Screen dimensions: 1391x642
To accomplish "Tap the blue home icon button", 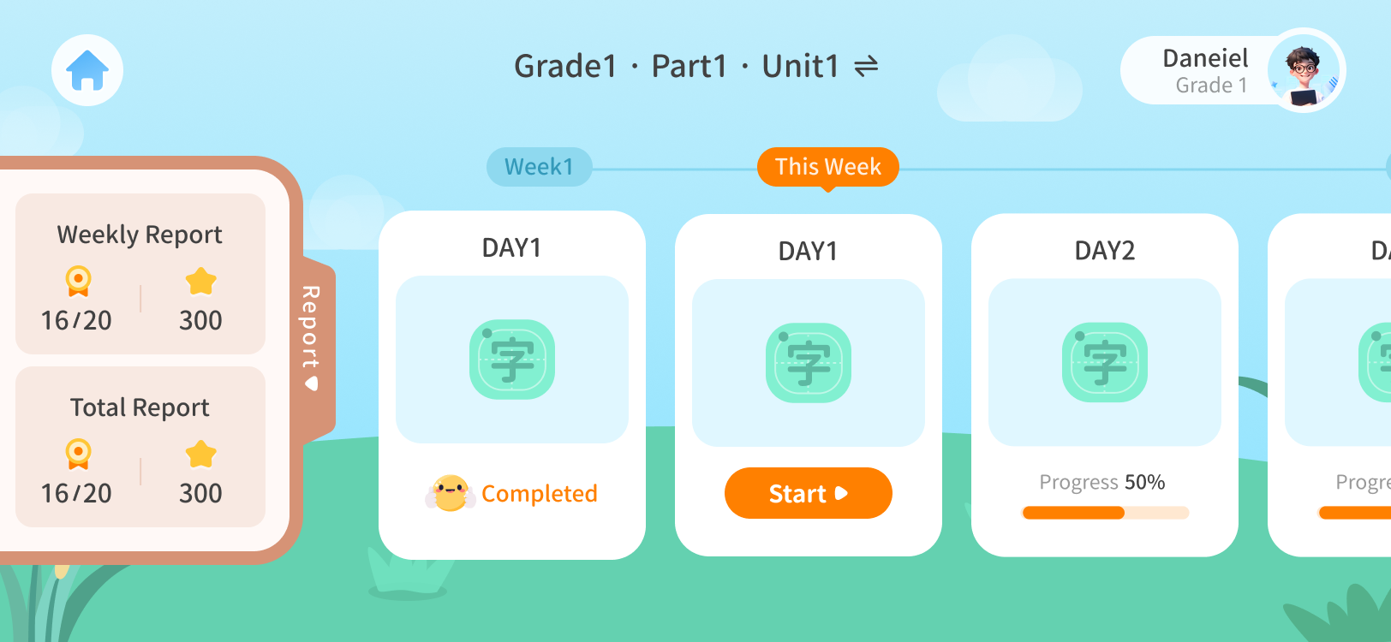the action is (x=87, y=70).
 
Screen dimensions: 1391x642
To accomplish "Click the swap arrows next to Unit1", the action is (x=866, y=66).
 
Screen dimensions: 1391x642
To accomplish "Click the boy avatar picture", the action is (x=1304, y=70).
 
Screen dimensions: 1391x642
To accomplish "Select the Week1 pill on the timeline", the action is (x=539, y=167).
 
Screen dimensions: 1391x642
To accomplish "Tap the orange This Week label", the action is (x=827, y=167).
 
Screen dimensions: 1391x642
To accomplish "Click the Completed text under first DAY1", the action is (x=539, y=494).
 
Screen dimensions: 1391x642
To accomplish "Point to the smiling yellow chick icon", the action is (x=451, y=493).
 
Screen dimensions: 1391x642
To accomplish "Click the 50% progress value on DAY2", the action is (x=1144, y=482).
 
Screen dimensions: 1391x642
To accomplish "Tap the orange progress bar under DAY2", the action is (x=1073, y=513).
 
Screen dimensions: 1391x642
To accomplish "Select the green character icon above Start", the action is (x=809, y=363).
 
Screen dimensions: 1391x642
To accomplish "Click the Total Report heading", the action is (x=140, y=408).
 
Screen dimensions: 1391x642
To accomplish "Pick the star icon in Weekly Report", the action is (x=201, y=282).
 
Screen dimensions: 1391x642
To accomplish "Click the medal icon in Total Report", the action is (x=78, y=455).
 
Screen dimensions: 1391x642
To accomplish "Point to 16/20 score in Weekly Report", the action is (x=76, y=320).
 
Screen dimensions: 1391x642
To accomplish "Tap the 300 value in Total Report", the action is (x=200, y=494).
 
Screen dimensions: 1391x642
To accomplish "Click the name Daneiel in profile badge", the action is (x=1205, y=58).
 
